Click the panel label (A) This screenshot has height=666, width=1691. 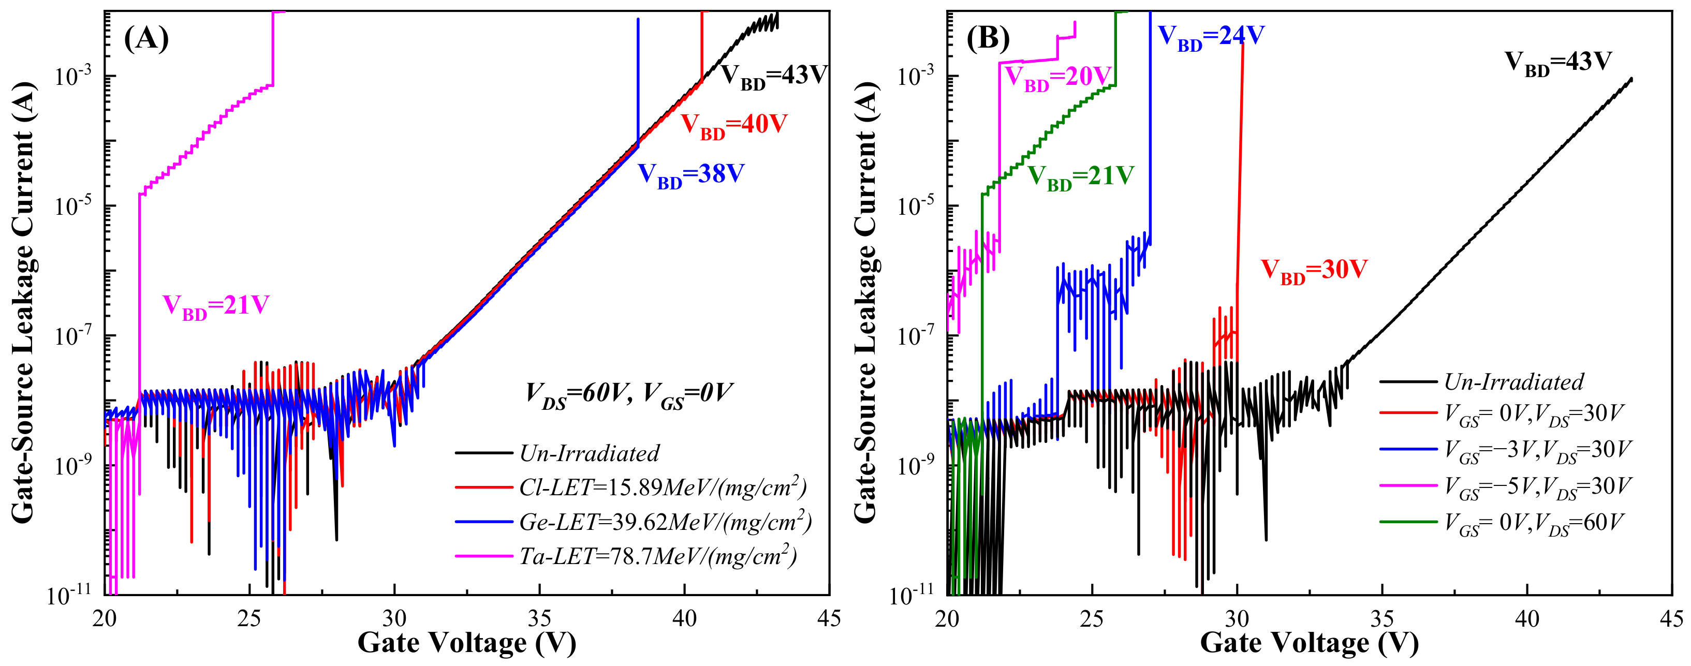(146, 39)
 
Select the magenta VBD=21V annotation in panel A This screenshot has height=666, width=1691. (216, 306)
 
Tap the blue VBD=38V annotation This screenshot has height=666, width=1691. (691, 175)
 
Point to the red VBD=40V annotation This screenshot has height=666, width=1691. (733, 125)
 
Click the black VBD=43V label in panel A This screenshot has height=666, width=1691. (774, 76)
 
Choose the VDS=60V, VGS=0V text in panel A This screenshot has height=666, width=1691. (628, 394)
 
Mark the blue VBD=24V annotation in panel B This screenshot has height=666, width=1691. (1211, 36)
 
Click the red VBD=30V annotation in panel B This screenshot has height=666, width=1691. (1314, 270)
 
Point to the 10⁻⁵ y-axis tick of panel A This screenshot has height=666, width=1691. (72, 206)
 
